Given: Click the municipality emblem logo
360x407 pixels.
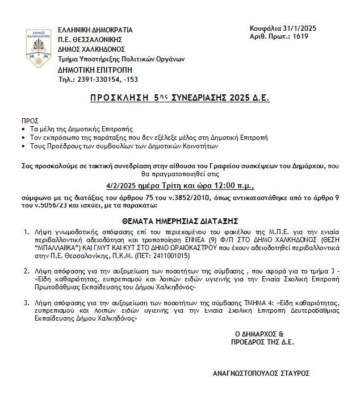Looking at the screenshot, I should [38, 48].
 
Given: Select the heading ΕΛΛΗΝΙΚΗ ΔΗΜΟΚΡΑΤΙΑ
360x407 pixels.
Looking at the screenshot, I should [95, 30].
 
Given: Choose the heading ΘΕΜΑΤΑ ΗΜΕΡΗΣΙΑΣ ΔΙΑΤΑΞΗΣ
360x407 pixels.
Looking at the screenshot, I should [179, 220].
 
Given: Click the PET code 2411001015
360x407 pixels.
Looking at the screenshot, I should [187, 256].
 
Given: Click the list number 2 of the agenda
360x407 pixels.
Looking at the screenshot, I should [26, 272].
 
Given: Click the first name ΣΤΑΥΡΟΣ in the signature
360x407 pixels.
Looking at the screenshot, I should [294, 373].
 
